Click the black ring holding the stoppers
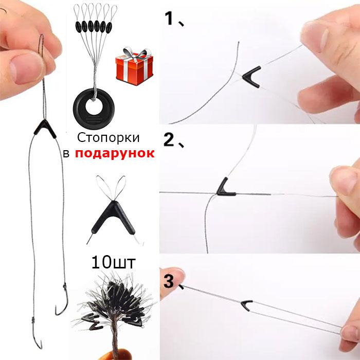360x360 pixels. [94, 109]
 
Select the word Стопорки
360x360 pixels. [108, 138]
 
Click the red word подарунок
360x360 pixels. [115, 153]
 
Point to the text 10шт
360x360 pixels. [114, 262]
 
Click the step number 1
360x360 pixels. [170, 19]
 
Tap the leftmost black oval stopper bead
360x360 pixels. [78, 27]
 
